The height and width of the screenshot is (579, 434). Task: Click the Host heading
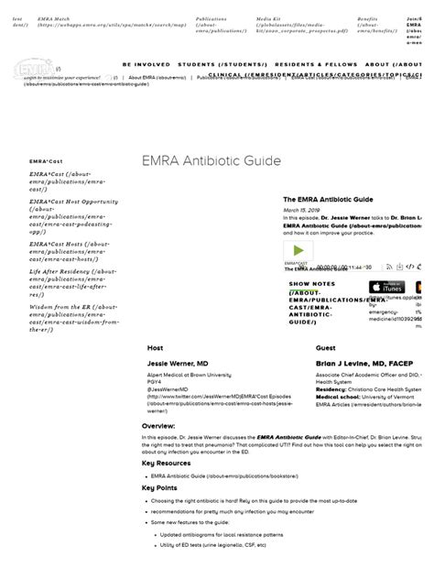point(156,348)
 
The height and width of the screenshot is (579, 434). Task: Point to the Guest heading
point(325,348)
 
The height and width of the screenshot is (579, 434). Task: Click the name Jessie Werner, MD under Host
point(177,364)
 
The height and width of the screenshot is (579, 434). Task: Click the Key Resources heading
point(168,463)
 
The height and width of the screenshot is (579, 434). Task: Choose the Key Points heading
point(160,487)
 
